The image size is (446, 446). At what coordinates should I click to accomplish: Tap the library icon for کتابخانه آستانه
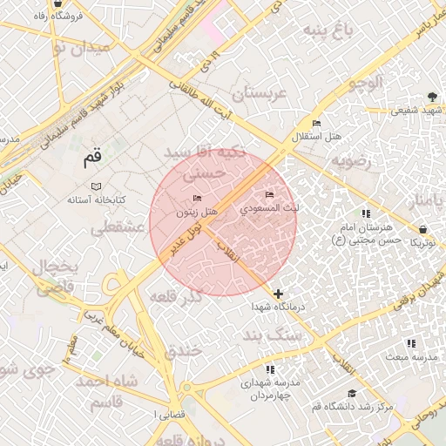(x=96, y=186)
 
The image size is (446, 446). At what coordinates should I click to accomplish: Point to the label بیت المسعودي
(x=271, y=208)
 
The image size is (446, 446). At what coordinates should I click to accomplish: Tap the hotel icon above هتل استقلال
(x=316, y=124)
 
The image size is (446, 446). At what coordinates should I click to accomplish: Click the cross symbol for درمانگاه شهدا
(x=278, y=294)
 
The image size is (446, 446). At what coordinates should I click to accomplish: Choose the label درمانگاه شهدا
(x=277, y=308)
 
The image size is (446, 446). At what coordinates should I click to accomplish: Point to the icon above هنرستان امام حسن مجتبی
(x=365, y=214)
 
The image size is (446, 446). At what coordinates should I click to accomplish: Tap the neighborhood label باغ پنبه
(x=329, y=30)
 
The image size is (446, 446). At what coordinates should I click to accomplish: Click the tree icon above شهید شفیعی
(x=432, y=98)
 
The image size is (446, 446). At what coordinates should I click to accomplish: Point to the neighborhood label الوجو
(x=364, y=84)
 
